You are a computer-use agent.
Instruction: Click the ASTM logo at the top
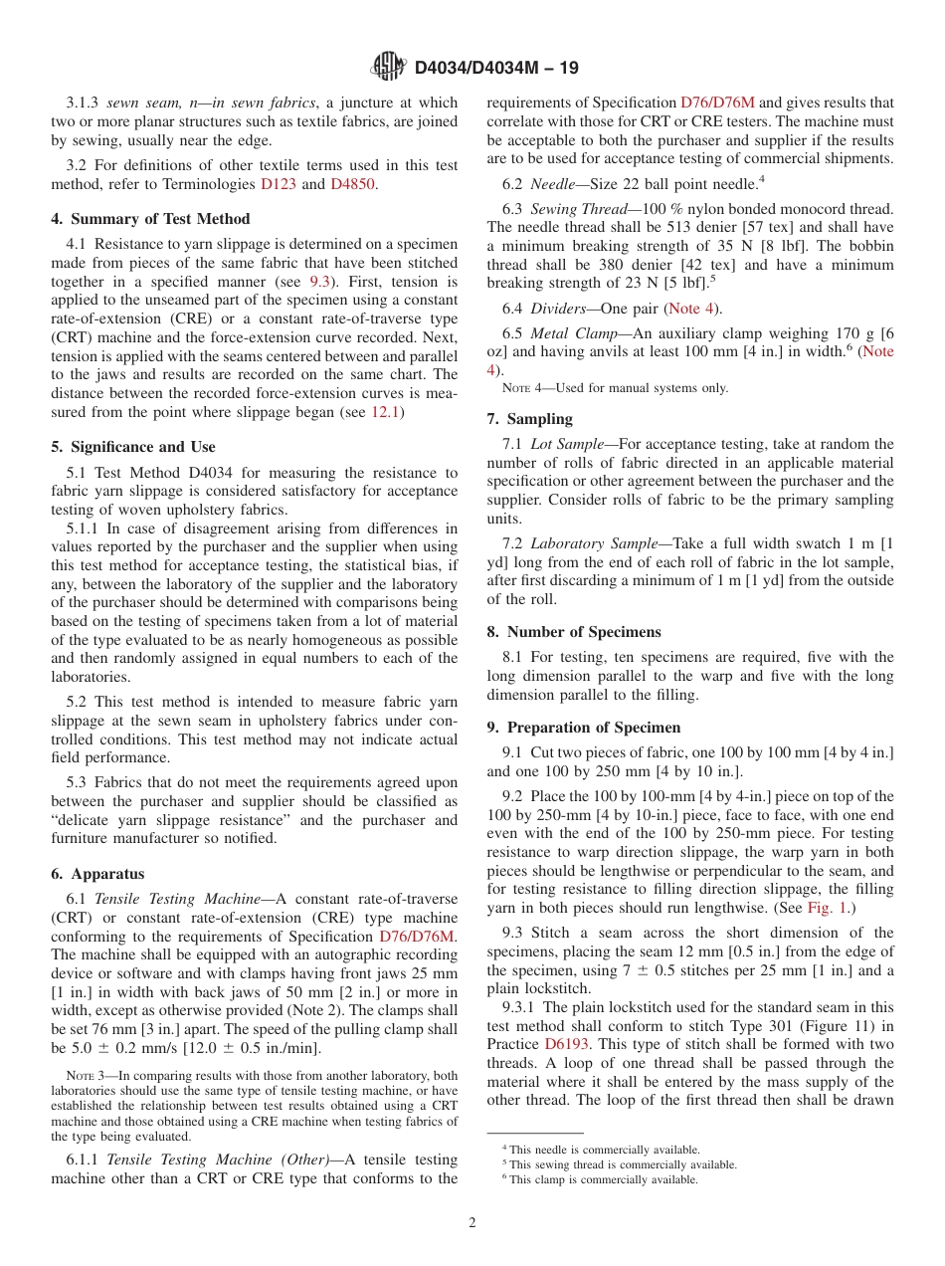point(388,67)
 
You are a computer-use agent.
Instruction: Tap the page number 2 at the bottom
point(472,1223)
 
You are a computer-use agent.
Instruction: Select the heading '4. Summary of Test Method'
point(150,219)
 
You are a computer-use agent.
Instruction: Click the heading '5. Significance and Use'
point(133,447)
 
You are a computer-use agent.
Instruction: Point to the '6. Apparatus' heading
point(97,874)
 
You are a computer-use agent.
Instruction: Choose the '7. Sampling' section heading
point(529,419)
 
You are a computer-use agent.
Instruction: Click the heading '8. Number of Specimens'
point(574,632)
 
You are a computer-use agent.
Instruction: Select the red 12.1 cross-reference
point(386,412)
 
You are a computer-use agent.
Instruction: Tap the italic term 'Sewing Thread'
point(575,208)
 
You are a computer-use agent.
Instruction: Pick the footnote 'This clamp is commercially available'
point(603,1179)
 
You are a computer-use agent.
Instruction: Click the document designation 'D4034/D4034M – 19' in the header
point(495,68)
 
